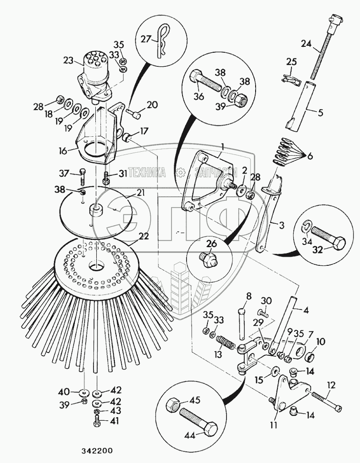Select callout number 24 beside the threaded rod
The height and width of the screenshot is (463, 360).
pos(307,44)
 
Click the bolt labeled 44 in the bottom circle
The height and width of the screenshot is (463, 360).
pos(199,423)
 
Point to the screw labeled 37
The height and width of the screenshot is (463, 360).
pos(82,178)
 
